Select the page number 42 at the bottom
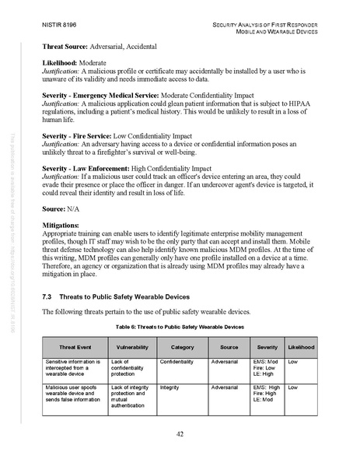point(180,433)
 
